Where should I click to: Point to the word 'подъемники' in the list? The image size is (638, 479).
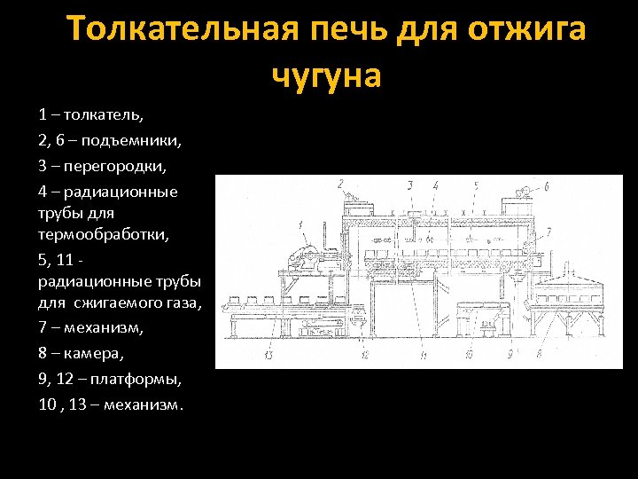(x=130, y=140)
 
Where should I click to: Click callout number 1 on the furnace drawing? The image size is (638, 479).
(x=301, y=224)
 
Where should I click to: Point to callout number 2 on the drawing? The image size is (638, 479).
(x=340, y=184)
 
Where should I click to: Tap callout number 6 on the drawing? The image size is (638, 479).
(x=547, y=186)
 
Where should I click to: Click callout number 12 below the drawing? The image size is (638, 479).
(x=365, y=355)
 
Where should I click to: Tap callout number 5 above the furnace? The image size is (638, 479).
(x=475, y=185)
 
